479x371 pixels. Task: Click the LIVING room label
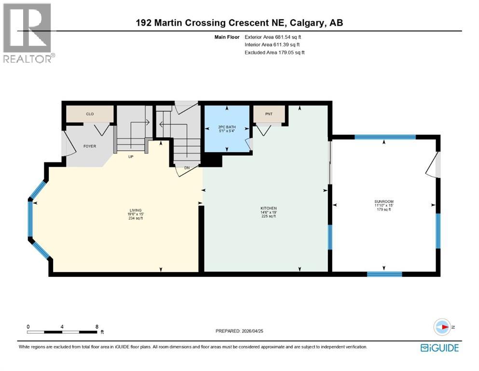[135, 210]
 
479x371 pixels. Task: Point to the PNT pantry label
[269, 114]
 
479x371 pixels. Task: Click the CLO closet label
[89, 114]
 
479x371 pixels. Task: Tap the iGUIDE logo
[439, 347]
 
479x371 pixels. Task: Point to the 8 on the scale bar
[97, 327]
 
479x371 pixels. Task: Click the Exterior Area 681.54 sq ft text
[275, 37]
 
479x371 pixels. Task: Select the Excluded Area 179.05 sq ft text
[275, 52]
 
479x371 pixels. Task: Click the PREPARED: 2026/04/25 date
[240, 331]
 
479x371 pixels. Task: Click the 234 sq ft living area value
[135, 218]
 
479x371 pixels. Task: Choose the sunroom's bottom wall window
[384, 274]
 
